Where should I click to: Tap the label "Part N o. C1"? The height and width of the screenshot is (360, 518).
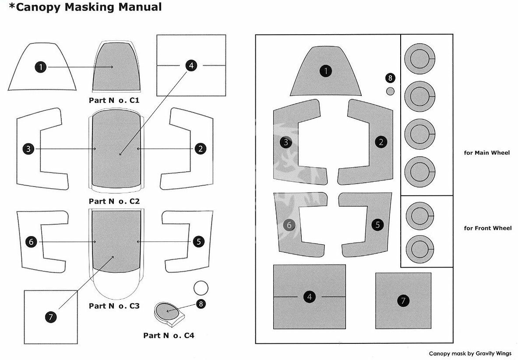click(x=114, y=100)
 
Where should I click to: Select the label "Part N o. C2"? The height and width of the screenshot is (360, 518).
click(x=114, y=201)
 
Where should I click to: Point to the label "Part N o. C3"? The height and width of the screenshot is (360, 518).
click(x=114, y=306)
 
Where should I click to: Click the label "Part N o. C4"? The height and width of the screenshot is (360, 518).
click(x=169, y=335)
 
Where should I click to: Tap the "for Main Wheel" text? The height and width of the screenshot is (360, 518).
click(x=486, y=152)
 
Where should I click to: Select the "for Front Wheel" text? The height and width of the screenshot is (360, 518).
click(x=488, y=228)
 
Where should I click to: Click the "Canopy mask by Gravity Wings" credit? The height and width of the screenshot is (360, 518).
click(x=470, y=353)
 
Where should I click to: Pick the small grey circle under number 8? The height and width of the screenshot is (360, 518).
click(x=390, y=91)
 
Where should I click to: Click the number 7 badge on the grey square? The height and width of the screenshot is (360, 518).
click(x=403, y=300)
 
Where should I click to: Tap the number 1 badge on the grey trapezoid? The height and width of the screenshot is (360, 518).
click(x=326, y=71)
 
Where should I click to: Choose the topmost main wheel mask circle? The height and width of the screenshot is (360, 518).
click(x=420, y=59)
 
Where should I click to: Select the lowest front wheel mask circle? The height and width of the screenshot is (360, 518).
click(x=420, y=249)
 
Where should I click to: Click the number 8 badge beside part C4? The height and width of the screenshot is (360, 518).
click(x=201, y=304)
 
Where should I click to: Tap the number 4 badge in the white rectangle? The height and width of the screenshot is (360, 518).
click(x=191, y=65)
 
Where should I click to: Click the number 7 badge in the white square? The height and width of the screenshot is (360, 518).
click(x=50, y=318)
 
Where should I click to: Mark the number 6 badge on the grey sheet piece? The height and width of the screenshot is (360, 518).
click(x=289, y=225)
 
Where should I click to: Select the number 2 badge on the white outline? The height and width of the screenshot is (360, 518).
click(x=200, y=148)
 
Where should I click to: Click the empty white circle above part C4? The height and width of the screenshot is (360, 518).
click(x=201, y=288)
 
